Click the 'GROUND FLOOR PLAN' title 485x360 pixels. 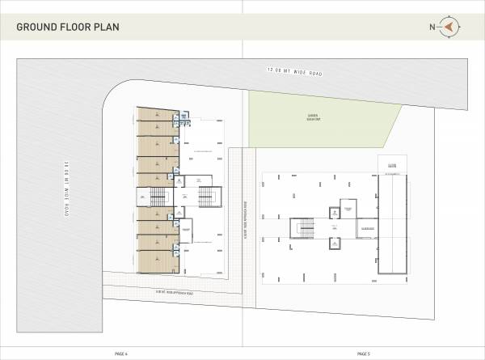[68, 28]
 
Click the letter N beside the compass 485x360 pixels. [433, 28]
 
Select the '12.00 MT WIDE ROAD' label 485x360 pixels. [294, 73]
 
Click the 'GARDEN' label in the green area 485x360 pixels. [312, 116]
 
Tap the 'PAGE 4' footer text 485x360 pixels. [121, 354]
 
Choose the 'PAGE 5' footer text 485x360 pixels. [364, 354]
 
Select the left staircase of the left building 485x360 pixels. [156, 197]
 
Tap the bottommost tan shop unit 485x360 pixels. [156, 261]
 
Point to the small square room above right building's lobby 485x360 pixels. [333, 213]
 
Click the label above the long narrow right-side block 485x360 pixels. [392, 166]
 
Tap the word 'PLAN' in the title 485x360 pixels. [106, 28]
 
